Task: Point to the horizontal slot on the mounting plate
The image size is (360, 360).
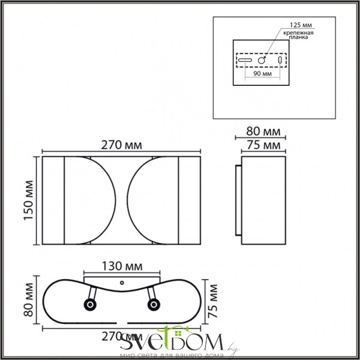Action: tap(245, 60)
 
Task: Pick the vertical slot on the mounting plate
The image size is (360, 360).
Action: tap(280, 60)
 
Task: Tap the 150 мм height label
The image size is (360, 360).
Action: tap(28, 201)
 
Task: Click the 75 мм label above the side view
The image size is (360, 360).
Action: tap(263, 145)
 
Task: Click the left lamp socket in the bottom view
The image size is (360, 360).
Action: tap(90, 305)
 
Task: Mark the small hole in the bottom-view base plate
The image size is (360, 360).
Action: tap(122, 281)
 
